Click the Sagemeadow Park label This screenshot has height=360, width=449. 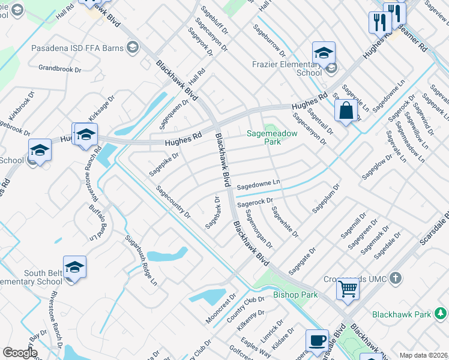coord(264,138)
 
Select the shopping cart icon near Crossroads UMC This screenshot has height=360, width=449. coord(348,289)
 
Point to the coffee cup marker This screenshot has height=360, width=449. coord(317,340)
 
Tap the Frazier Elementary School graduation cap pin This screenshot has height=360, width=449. coord(323,53)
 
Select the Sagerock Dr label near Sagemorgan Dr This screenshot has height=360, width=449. coord(255,203)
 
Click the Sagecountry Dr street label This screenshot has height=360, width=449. coord(173,202)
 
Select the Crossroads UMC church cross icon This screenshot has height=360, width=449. coord(395,278)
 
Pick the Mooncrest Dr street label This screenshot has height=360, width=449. coord(221,309)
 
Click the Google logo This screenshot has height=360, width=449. coord(20,353)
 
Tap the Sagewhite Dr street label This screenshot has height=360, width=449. coord(285,221)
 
